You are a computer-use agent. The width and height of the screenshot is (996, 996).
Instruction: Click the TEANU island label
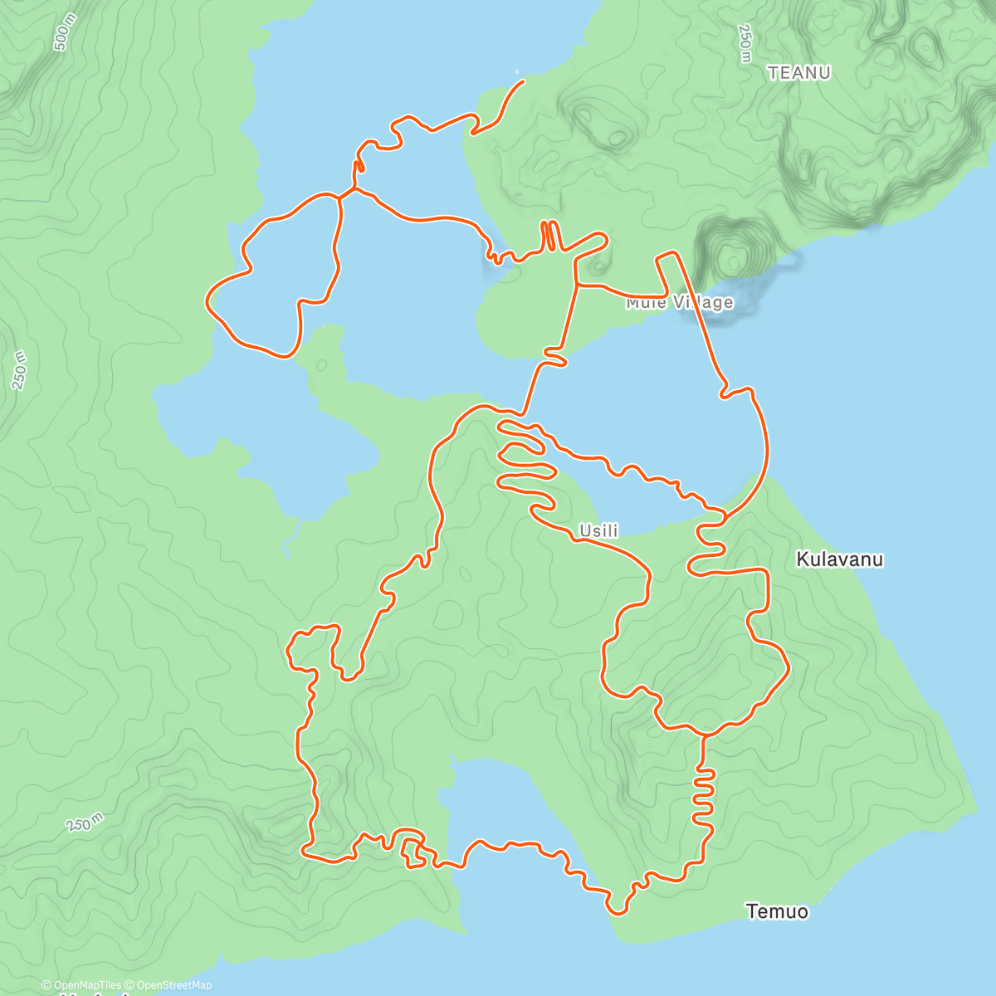(798, 73)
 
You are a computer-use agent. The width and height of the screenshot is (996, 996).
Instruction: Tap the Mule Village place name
(680, 302)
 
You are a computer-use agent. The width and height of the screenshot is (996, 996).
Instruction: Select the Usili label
(598, 530)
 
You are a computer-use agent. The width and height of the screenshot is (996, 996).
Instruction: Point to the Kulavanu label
(839, 559)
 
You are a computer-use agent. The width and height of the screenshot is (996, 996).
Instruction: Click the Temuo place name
(777, 911)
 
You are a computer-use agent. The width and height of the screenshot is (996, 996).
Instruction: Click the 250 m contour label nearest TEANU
(745, 43)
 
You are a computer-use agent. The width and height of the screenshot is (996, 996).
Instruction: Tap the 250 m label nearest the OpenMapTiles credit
(85, 823)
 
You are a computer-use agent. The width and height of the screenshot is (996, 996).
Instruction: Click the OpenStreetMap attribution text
(173, 985)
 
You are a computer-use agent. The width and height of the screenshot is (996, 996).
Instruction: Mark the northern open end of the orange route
(523, 81)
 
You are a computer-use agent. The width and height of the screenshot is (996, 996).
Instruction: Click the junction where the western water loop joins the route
(341, 197)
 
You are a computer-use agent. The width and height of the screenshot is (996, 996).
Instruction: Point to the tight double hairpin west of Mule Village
(550, 236)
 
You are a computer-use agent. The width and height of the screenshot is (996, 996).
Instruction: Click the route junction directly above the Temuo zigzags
(704, 735)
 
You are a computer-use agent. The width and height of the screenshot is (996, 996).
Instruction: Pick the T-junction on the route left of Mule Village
(577, 286)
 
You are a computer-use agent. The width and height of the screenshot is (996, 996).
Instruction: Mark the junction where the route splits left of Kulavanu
(725, 516)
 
